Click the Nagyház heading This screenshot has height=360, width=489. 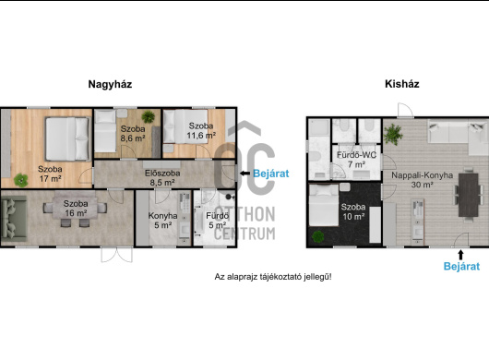[110, 84]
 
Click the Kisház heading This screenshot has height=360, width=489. [402, 84]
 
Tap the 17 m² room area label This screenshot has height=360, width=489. [50, 179]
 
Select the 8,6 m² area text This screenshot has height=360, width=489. [133, 138]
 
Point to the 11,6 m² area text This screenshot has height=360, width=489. [201, 136]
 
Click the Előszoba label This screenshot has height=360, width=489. [162, 174]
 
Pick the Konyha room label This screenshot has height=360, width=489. [162, 216]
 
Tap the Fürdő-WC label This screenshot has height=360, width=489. [356, 155]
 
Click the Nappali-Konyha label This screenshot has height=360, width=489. [422, 175]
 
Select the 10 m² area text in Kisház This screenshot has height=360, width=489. [353, 216]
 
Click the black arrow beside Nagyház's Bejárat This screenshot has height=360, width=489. [244, 174]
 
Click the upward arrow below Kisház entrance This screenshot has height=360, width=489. [461, 255]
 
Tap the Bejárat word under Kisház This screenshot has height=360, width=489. [461, 266]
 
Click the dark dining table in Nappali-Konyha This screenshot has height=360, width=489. [468, 195]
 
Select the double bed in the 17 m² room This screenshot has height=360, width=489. [67, 138]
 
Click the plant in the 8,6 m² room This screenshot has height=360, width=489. [148, 116]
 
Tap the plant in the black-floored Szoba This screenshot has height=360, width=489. [317, 237]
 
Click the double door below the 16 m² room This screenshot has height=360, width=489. [116, 255]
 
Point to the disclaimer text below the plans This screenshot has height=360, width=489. [273, 277]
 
